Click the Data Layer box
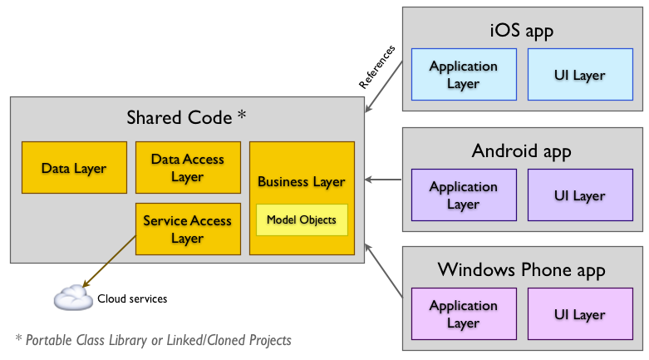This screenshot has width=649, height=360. [x=74, y=168]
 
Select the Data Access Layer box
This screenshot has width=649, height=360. [x=188, y=168]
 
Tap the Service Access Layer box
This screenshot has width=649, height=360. [x=188, y=229]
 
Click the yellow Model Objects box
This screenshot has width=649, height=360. [x=301, y=219]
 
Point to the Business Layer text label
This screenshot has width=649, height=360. [x=301, y=181]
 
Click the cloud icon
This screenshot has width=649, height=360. [x=72, y=298]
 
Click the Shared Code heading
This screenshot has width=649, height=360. [x=186, y=117]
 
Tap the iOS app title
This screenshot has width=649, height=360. [x=522, y=31]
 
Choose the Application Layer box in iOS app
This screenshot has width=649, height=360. [x=463, y=75]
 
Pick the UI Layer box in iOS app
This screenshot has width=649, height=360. [x=579, y=75]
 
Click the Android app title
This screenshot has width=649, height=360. [x=522, y=151]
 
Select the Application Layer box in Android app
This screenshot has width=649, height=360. [x=463, y=195]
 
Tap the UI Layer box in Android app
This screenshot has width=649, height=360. [x=579, y=195]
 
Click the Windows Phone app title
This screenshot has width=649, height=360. [x=522, y=270]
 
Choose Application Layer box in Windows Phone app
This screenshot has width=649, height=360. [x=463, y=314]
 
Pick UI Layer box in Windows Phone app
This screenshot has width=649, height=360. [x=579, y=314]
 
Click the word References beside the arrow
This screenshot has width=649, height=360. [x=377, y=67]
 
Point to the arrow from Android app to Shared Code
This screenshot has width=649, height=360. [x=383, y=179]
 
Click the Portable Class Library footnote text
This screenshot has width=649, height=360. [x=153, y=340]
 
